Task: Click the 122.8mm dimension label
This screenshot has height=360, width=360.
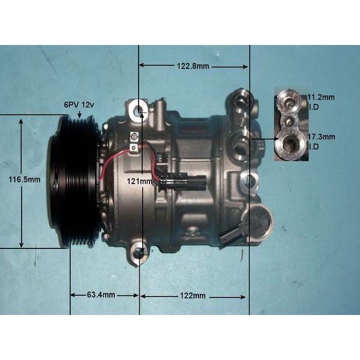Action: (x=193, y=66)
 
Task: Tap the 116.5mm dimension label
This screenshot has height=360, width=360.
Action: (x=25, y=179)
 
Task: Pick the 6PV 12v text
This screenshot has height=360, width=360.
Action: (x=80, y=105)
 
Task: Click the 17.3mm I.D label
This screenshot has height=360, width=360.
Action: (x=321, y=142)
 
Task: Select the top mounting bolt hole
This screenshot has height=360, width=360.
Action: (x=140, y=111)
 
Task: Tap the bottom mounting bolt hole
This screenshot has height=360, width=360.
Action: (x=140, y=253)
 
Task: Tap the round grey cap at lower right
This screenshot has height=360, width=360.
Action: (x=258, y=222)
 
